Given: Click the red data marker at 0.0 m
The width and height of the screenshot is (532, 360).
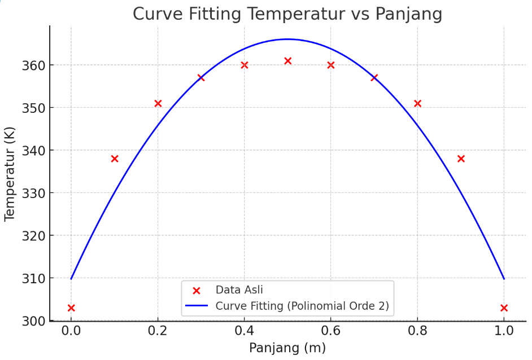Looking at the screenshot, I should coord(71,308).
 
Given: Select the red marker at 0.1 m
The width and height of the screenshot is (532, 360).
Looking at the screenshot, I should coord(115,159).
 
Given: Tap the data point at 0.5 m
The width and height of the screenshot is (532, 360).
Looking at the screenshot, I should coord(287,60).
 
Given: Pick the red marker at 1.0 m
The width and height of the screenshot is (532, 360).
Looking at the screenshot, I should coord(504,308).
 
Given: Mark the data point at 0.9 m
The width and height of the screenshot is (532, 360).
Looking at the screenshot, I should coord(461,159).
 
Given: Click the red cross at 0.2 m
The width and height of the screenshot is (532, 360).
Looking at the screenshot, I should coord(158,103).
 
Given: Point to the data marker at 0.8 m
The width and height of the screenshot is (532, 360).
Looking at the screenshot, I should coord(417,103).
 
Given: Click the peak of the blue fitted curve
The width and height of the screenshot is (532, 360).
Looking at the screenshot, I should coord(287,39).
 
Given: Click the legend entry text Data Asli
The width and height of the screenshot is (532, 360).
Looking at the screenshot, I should coord(239,290).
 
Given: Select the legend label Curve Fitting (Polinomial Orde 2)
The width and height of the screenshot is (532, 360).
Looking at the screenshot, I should coord(302,307).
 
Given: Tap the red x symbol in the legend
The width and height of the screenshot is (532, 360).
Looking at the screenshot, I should coord(197,291).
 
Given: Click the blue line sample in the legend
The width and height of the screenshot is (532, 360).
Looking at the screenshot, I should coord(197,307).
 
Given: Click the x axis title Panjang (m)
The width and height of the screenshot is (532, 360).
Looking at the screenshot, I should coord(287,348).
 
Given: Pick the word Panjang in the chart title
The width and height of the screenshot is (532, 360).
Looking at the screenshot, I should coord(408,14).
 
